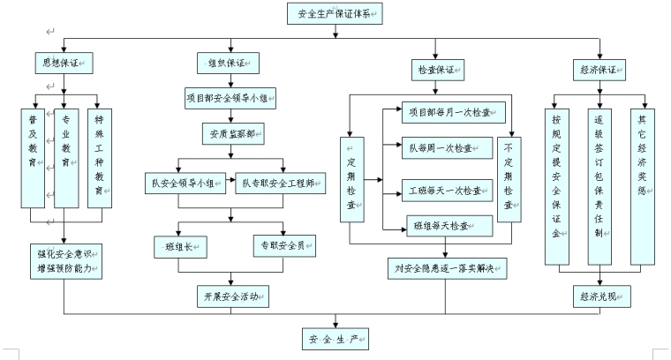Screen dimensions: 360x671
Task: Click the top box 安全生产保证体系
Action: click(335, 13)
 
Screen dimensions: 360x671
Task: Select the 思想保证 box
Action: click(64, 64)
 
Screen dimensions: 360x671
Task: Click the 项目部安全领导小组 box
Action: click(231, 99)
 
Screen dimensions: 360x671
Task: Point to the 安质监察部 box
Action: click(231, 134)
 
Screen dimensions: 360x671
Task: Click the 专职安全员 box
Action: click(284, 243)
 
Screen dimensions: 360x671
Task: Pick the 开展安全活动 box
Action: click(231, 296)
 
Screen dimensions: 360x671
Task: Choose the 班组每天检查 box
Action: click(449, 225)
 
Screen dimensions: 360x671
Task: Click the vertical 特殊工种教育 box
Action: click(101, 157)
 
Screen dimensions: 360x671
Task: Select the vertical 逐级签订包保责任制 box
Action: click(599, 186)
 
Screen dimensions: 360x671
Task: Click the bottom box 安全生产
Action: click(334, 339)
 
